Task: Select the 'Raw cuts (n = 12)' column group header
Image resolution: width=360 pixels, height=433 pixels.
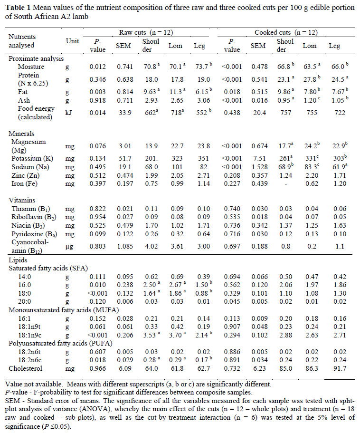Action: pyautogui.click(x=146, y=32)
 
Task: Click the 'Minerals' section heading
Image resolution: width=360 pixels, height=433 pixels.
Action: pyautogui.click(x=22, y=134)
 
